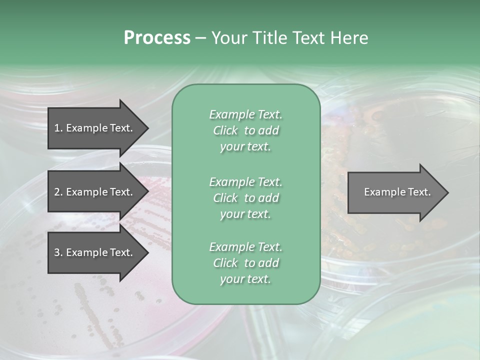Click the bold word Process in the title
tap(157, 38)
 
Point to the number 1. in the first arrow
tap(58, 128)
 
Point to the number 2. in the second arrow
tap(58, 192)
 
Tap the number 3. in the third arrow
tap(58, 252)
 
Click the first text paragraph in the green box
tap(245, 130)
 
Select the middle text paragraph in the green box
tap(245, 198)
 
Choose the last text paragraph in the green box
tap(245, 263)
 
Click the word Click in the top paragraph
tap(225, 130)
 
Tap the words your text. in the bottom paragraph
tap(245, 279)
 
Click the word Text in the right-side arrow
tap(418, 192)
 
